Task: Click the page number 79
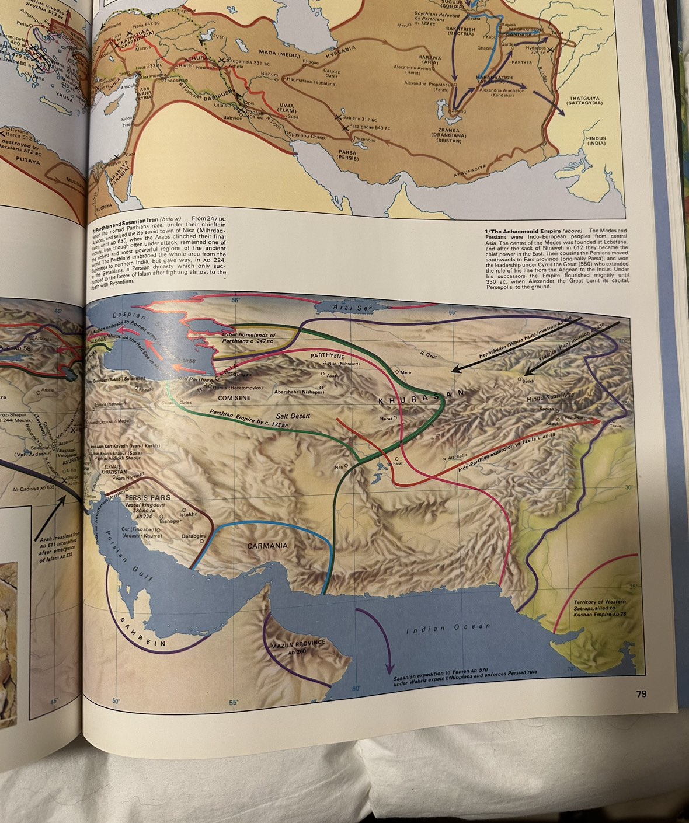pyautogui.click(x=641, y=694)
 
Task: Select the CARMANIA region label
pyautogui.click(x=267, y=546)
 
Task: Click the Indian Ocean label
pyautogui.click(x=448, y=627)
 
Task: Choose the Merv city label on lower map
pyautogui.click(x=406, y=372)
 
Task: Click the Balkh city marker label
pyautogui.click(x=527, y=381)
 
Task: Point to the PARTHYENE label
pyautogui.click(x=327, y=355)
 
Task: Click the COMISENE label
pyautogui.click(x=234, y=398)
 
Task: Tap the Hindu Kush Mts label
pyautogui.click(x=551, y=397)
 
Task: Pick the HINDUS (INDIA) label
pyautogui.click(x=596, y=141)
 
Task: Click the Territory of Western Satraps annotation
pyautogui.click(x=600, y=608)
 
